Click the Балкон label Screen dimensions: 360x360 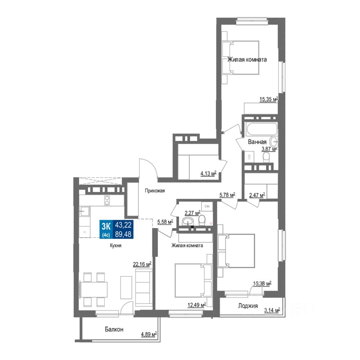click(x=114, y=330)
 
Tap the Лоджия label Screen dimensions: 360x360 click(x=248, y=306)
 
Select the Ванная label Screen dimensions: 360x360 click(x=257, y=142)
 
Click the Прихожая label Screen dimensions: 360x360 click(x=155, y=191)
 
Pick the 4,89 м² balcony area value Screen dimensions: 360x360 click(x=147, y=335)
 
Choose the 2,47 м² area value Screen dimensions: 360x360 click(x=257, y=195)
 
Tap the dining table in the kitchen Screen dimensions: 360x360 click(x=94, y=289)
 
